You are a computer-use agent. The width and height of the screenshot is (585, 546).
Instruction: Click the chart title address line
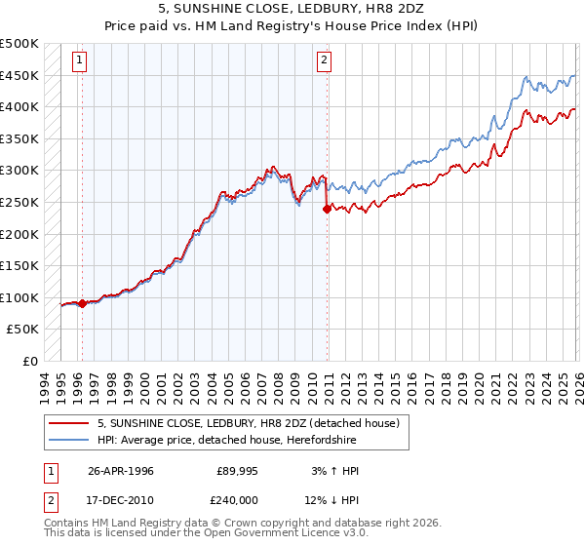coord(292,9)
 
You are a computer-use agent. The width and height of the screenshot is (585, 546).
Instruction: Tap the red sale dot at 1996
coord(83,303)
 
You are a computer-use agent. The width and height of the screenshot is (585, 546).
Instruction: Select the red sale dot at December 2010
coord(327,209)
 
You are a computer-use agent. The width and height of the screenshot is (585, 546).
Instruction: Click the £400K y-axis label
coord(20,107)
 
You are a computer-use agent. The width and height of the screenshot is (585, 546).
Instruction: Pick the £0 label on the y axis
coord(29,361)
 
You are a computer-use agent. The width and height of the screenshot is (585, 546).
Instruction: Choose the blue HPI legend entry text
coord(253,441)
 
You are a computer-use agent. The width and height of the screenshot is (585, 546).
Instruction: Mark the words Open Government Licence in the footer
coord(292,535)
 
